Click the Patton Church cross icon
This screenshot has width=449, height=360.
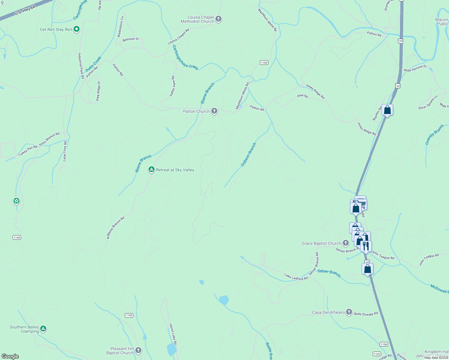click(214, 111)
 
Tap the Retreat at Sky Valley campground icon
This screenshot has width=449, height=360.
click(152, 170)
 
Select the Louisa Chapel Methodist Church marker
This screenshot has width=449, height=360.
click(218, 19)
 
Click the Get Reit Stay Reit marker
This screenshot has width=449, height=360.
click(77, 29)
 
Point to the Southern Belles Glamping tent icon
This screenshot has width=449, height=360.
click(43, 329)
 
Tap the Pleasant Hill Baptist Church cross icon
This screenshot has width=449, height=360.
click(138, 350)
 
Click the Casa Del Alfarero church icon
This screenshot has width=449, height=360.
click(349, 312)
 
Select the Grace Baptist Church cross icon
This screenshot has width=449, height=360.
click(346, 243)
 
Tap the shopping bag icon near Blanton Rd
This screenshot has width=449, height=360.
click(387, 110)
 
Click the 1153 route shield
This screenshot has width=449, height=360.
click(264, 62)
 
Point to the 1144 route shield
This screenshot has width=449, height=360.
click(17, 238)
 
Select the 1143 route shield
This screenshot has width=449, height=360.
click(129, 315)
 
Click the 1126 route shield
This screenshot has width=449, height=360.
click(384, 344)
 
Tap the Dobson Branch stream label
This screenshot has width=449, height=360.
click(249, 154)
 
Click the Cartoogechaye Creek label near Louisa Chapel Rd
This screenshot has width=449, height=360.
click(185, 58)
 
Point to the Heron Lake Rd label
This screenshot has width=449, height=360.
click(173, 334)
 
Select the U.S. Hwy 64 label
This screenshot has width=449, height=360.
click(25, 10)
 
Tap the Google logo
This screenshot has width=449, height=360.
click(10, 356)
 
